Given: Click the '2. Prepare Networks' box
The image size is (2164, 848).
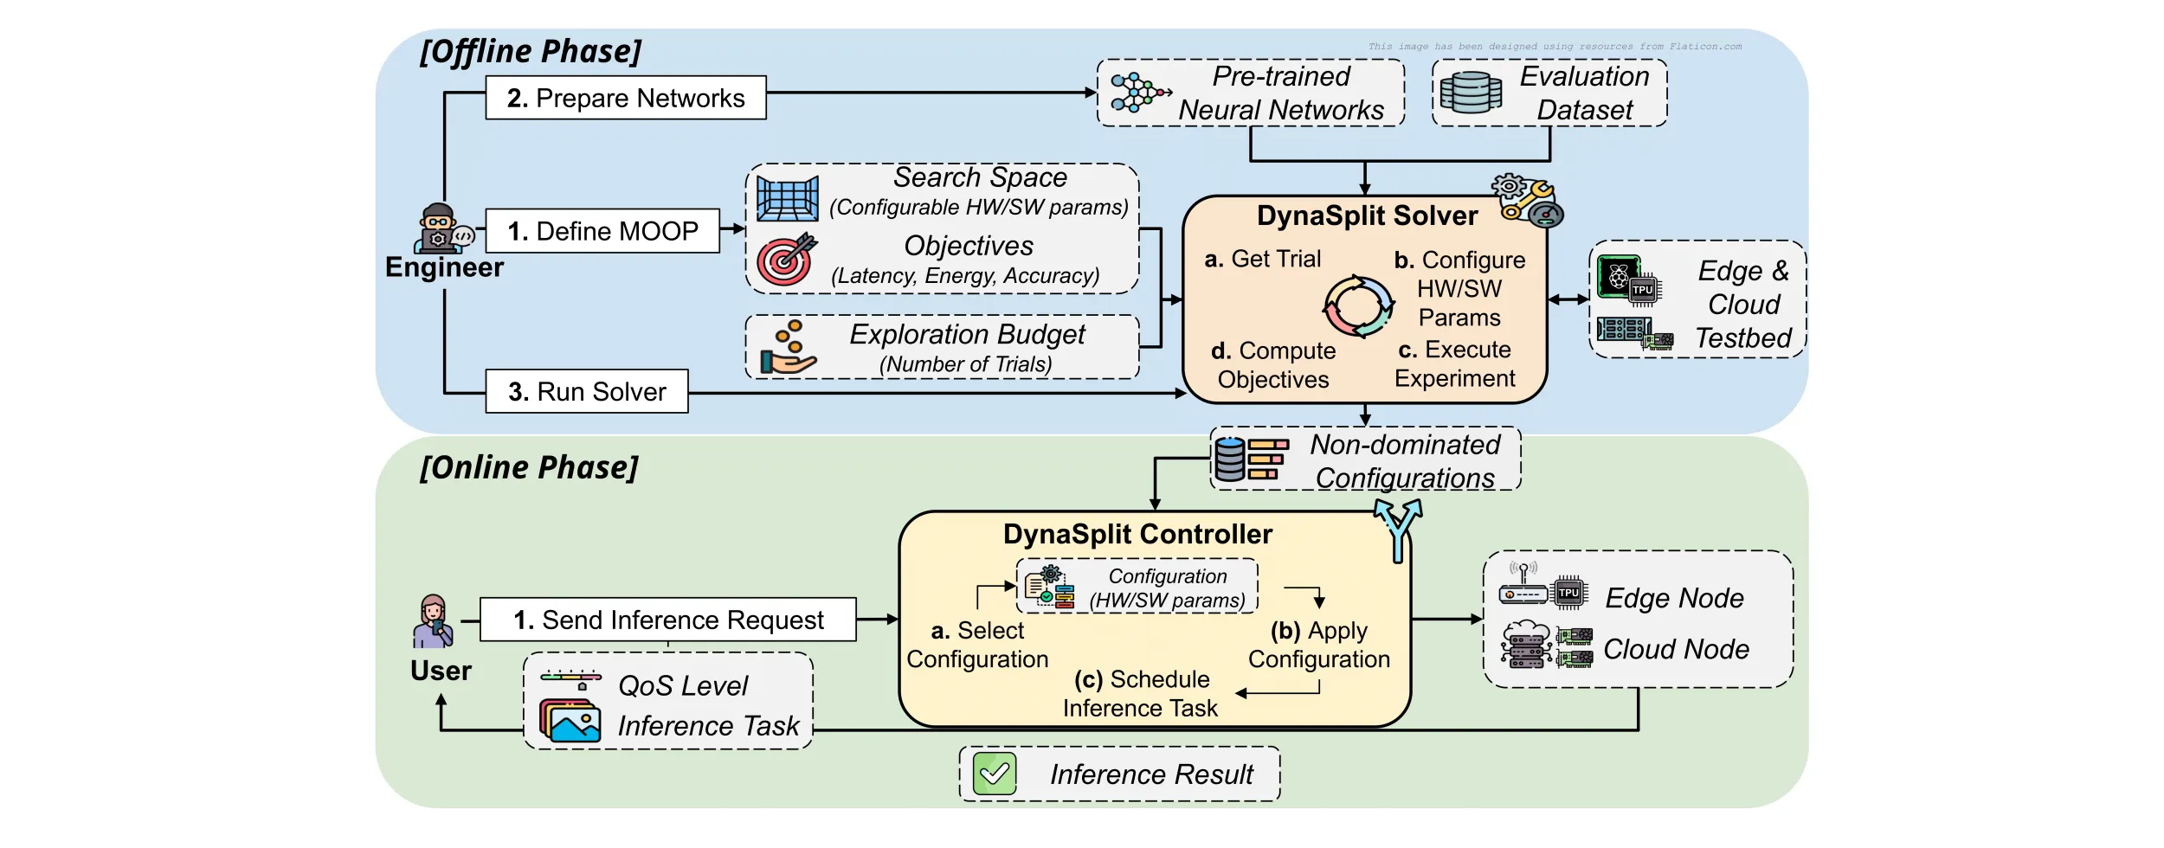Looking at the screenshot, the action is click(x=626, y=98).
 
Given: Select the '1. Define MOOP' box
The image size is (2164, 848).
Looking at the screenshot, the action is click(x=602, y=231).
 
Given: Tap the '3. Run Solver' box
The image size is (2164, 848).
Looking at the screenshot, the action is click(x=587, y=391).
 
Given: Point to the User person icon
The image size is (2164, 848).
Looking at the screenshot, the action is click(x=433, y=621).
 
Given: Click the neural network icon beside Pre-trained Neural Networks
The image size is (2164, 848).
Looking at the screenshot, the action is click(x=1140, y=93).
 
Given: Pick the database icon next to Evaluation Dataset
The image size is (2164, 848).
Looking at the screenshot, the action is click(x=1471, y=93).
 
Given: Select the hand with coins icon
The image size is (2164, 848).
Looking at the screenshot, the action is click(x=788, y=348).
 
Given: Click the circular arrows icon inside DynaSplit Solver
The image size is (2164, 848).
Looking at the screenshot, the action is click(x=1358, y=306).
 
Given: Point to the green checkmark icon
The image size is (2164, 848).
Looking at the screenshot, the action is click(x=995, y=774).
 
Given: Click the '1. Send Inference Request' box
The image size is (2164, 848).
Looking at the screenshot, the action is click(x=668, y=620).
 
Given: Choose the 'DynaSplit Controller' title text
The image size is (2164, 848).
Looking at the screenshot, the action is click(x=1137, y=534).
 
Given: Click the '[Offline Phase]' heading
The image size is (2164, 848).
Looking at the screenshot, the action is click(x=531, y=51).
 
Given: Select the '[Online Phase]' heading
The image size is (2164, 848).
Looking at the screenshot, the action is click(x=529, y=467).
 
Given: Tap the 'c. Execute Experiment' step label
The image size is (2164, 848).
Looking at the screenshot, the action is click(x=1455, y=363).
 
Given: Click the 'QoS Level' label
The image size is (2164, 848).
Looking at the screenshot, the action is click(x=683, y=685).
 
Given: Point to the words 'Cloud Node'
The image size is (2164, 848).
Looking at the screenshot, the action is click(x=1677, y=649).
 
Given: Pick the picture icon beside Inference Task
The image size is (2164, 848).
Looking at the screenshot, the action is click(x=570, y=720).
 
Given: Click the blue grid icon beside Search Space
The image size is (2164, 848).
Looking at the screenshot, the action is click(x=788, y=199).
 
